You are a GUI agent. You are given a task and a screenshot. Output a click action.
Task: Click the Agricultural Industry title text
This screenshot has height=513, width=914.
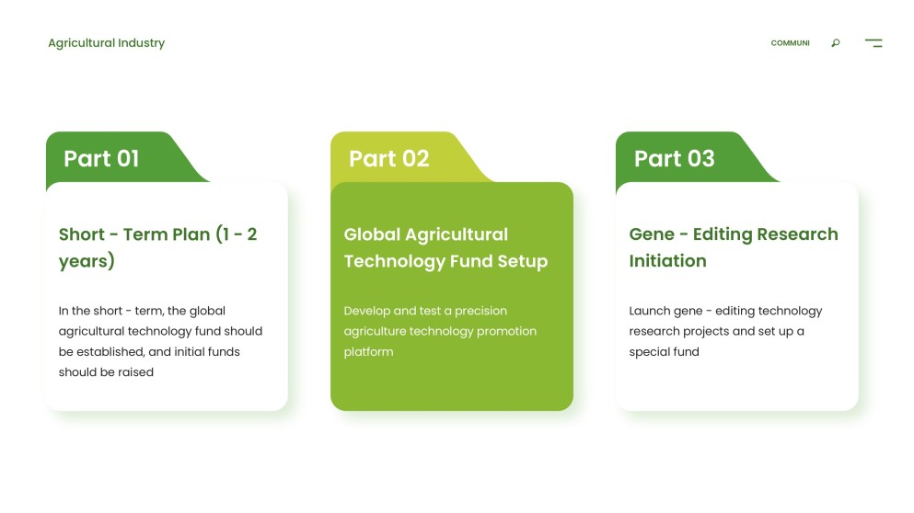click(x=106, y=43)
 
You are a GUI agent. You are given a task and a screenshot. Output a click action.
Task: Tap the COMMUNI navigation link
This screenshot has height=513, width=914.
click(x=790, y=43)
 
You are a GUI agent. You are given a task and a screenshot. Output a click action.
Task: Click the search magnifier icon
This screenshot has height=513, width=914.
click(x=835, y=43)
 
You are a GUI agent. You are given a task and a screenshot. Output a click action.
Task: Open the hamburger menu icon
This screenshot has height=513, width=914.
click(x=873, y=43)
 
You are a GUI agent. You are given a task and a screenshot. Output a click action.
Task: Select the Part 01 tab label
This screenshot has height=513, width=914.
click(x=101, y=158)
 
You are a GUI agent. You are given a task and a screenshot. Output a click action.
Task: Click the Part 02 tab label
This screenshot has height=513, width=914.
click(x=388, y=158)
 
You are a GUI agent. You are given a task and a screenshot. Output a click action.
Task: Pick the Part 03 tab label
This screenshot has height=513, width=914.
click(x=674, y=158)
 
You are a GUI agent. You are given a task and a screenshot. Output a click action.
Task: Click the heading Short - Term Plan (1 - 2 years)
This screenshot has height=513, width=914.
click(x=157, y=247)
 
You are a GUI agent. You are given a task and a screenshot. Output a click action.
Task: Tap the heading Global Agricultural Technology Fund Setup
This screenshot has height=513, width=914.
click(x=445, y=247)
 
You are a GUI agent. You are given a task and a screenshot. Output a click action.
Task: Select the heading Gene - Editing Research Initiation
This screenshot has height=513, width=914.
click(x=733, y=247)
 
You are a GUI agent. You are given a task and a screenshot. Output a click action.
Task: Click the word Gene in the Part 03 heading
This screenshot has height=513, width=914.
click(x=652, y=234)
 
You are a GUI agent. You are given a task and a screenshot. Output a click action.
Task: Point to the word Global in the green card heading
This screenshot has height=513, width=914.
click(x=372, y=234)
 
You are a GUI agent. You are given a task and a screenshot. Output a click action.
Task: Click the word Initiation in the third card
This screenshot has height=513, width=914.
click(x=667, y=261)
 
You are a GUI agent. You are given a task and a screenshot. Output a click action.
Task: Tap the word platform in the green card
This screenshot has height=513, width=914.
click(x=368, y=352)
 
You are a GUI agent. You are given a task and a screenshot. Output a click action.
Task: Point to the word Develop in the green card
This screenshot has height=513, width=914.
click(x=366, y=311)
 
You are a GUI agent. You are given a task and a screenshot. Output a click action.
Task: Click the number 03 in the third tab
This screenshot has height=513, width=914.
click(x=700, y=158)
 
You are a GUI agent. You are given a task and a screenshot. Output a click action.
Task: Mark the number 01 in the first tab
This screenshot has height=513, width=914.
click(x=127, y=158)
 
